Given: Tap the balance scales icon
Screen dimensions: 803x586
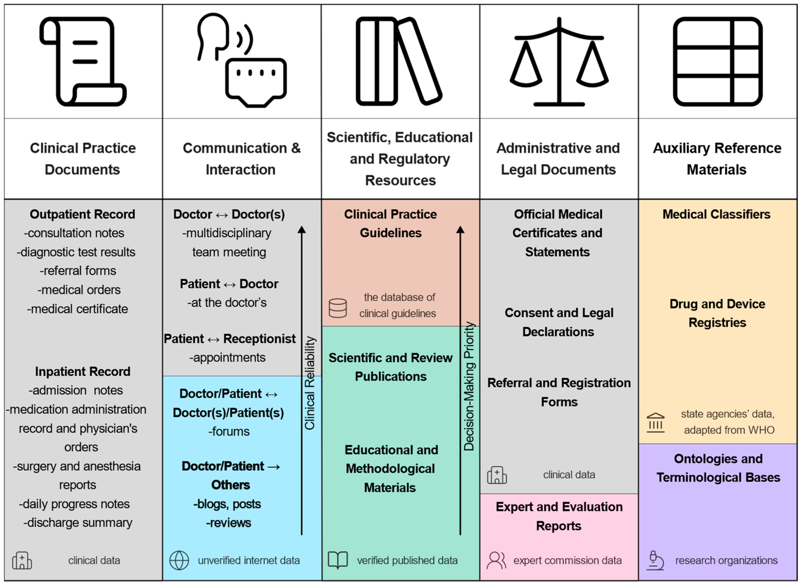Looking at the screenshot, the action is pyautogui.click(x=559, y=62).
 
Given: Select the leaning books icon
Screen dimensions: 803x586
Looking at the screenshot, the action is pyautogui.click(x=398, y=61).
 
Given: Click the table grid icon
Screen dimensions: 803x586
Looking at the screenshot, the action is pyautogui.click(x=717, y=61).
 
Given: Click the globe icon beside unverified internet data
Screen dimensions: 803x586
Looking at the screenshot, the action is pyautogui.click(x=179, y=561).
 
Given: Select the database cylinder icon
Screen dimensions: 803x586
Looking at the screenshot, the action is pyautogui.click(x=338, y=308).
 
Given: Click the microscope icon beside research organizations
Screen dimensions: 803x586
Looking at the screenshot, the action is pyautogui.click(x=655, y=561).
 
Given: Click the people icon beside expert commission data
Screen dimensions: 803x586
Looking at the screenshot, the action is pyautogui.click(x=496, y=561).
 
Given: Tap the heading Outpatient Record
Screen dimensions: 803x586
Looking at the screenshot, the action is pyautogui.click(x=82, y=214).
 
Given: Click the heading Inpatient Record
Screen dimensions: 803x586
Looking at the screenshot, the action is pyautogui.click(x=83, y=371).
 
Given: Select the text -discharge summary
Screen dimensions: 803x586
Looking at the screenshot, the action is pyautogui.click(x=78, y=523).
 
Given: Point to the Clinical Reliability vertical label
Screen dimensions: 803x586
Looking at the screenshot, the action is pyautogui.click(x=310, y=383).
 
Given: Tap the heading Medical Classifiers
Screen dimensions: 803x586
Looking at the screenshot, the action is pyautogui.click(x=716, y=214).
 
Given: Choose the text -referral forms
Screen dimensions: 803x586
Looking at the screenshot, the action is pyautogui.click(x=78, y=271).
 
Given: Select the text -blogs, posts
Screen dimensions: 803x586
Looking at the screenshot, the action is pyautogui.click(x=227, y=504).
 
